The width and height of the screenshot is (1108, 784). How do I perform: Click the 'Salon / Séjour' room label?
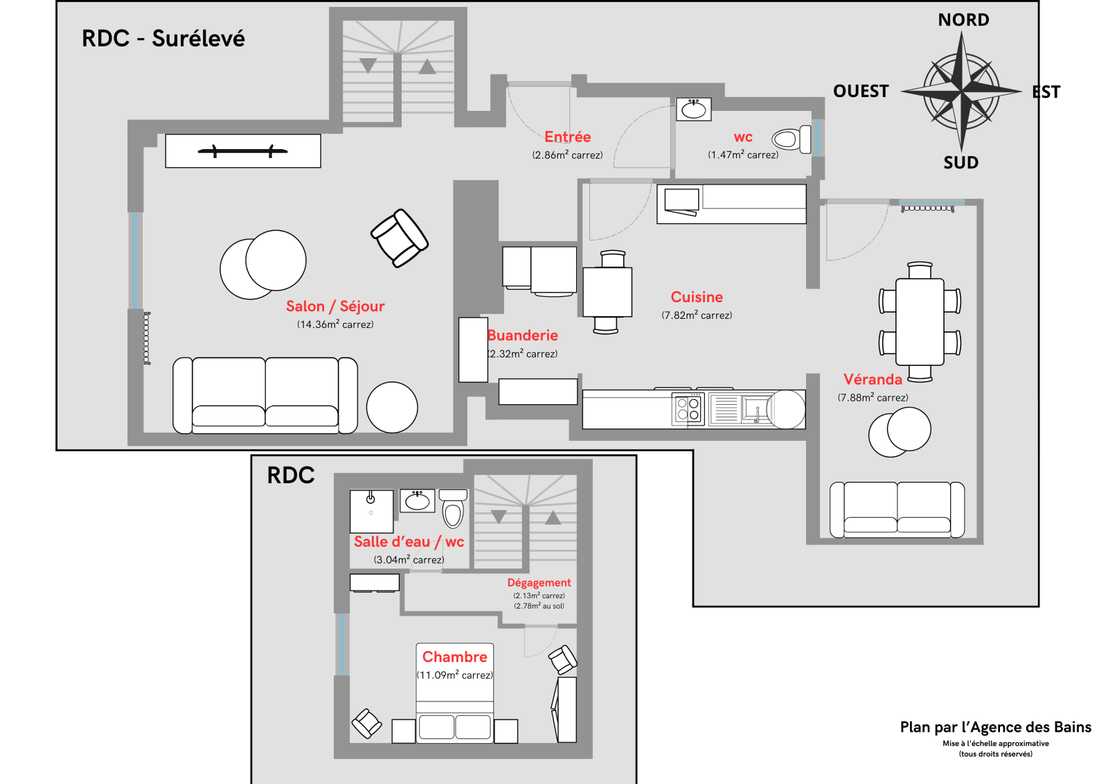pos(335,306)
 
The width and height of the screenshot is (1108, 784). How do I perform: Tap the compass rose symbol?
pos(961,92)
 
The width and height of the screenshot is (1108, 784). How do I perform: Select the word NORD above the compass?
pos(963,20)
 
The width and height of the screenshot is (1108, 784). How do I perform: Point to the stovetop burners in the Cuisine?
pos(688,409)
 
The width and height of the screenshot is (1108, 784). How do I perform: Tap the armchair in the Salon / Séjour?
pos(400,238)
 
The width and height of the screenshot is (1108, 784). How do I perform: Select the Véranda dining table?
pos(920,322)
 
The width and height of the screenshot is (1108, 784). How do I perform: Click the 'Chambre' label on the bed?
pos(454,657)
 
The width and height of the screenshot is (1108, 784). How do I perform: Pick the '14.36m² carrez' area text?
pos(335,324)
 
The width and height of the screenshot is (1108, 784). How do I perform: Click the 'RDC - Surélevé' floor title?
pos(163,39)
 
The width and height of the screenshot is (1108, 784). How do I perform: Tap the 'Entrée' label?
pos(567,137)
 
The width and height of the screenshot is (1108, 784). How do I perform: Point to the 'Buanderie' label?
pos(523,336)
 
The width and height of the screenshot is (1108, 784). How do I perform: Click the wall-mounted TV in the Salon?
pos(243,150)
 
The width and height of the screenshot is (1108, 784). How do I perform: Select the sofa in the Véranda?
pos(897,510)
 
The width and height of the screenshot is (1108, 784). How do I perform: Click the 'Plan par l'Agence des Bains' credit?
pos(995,727)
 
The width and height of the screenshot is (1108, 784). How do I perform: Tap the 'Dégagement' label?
pos(539,583)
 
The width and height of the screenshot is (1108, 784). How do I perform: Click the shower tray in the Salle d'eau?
pos(371,512)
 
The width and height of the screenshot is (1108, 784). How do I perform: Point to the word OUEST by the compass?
pos(861,92)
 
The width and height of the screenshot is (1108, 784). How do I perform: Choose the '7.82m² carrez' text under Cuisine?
pos(697,315)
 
